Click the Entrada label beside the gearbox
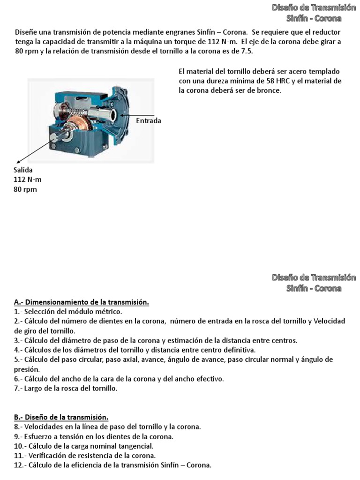(x=148, y=120)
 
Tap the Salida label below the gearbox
(x=23, y=170)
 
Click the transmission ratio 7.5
(x=246, y=51)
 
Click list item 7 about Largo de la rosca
(x=66, y=388)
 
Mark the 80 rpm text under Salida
(x=25, y=189)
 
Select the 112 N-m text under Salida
(x=27, y=180)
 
